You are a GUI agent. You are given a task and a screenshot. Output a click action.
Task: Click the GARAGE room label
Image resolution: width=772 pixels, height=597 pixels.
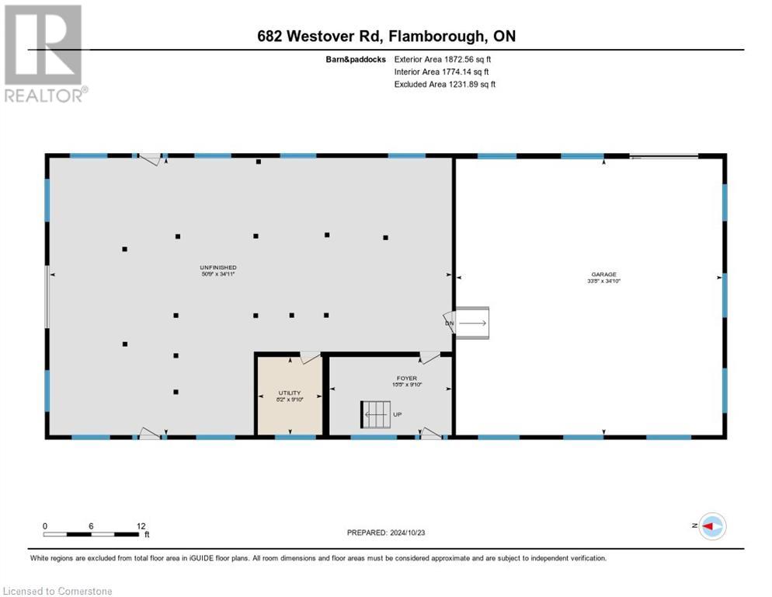tap(603, 274)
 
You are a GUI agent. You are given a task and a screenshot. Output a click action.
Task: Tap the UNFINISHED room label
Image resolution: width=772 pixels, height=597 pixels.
tap(217, 267)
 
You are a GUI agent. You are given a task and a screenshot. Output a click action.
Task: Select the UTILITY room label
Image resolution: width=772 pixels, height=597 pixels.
tap(289, 393)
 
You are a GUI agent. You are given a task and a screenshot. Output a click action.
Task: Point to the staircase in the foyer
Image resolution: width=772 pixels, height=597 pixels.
tap(374, 414)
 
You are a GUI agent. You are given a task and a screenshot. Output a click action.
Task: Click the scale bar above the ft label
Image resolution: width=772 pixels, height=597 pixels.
tap(92, 534)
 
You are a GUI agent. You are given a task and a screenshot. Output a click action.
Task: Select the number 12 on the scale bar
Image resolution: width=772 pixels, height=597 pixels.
tap(141, 525)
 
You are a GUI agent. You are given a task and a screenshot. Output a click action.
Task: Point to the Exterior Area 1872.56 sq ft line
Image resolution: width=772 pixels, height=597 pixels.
tap(443, 58)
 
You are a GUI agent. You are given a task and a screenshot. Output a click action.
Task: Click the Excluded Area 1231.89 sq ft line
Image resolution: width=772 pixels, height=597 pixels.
tap(444, 84)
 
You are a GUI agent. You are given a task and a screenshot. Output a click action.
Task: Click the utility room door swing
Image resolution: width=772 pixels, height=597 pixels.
tap(310, 358)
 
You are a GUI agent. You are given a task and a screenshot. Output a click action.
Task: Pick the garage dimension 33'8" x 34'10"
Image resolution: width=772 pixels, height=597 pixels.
tap(603, 282)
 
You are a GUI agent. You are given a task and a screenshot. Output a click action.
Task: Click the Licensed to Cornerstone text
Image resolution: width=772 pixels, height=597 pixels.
tap(58, 592)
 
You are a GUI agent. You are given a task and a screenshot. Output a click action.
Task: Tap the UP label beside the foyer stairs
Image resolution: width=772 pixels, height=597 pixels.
tap(398, 414)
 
